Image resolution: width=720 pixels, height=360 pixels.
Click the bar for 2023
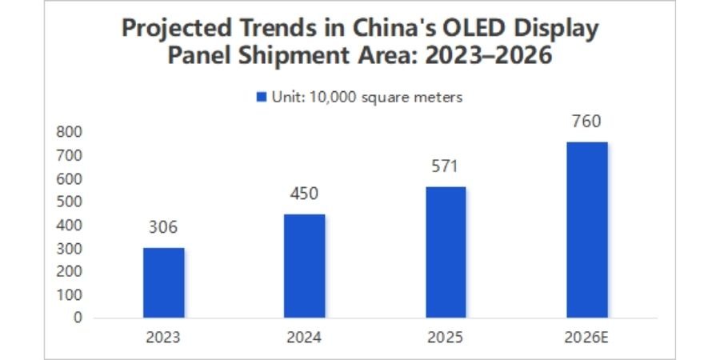pyautogui.click(x=164, y=282)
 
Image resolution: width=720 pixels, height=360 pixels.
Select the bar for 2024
pyautogui.click(x=305, y=266)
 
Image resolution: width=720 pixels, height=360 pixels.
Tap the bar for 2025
pyautogui.click(x=446, y=252)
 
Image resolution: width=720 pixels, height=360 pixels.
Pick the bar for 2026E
pyautogui.click(x=586, y=230)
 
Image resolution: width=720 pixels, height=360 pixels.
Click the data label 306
pyautogui.click(x=163, y=227)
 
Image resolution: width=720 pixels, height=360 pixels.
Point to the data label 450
pyautogui.click(x=305, y=194)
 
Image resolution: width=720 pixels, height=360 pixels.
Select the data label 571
pyautogui.click(x=446, y=166)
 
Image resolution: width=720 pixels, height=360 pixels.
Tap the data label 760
pyautogui.click(x=586, y=122)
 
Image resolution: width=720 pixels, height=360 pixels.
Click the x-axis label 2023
pyautogui.click(x=163, y=338)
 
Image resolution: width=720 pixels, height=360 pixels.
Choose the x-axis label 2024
pyautogui.click(x=305, y=338)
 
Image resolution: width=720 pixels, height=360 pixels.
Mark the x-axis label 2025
pyautogui.click(x=446, y=338)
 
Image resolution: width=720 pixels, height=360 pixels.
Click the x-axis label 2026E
pyautogui.click(x=586, y=338)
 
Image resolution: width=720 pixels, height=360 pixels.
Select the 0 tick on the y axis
pyautogui.click(x=77, y=318)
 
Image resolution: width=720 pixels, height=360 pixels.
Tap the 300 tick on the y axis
pyautogui.click(x=70, y=248)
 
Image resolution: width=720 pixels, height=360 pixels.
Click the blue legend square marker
pyautogui.click(x=260, y=97)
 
